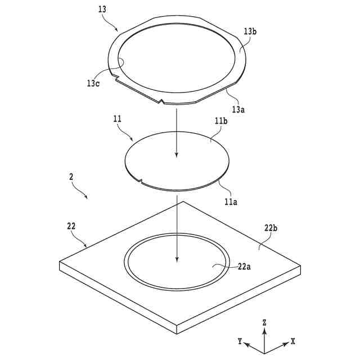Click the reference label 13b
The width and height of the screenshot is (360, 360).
coord(250,31)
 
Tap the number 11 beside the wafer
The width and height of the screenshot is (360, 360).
coord(117,120)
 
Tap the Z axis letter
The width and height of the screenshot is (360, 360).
coord(264,322)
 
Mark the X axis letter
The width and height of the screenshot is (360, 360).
coord(293,341)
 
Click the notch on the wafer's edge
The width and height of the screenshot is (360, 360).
coord(141,181)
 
